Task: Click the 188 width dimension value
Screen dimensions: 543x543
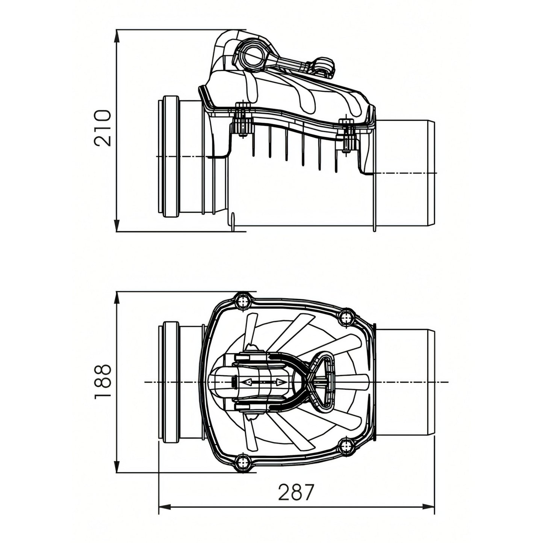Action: click(x=103, y=381)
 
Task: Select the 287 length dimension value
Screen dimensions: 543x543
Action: click(x=296, y=492)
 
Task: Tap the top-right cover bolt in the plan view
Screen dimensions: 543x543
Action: click(x=346, y=318)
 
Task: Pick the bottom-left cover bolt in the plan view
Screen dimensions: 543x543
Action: click(x=243, y=462)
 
